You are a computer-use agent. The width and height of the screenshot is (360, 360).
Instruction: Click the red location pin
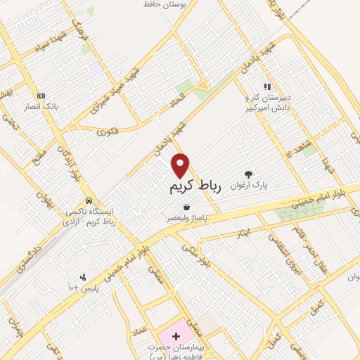(x=181, y=165)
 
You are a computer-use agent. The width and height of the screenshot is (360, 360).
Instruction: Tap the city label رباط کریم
(x=195, y=187)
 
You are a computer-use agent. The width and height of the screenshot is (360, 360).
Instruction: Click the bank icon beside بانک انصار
(x=41, y=95)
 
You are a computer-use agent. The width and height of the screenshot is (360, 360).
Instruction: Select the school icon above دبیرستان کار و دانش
(x=266, y=86)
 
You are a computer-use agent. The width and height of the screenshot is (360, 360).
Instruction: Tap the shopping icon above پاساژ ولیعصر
(x=186, y=207)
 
